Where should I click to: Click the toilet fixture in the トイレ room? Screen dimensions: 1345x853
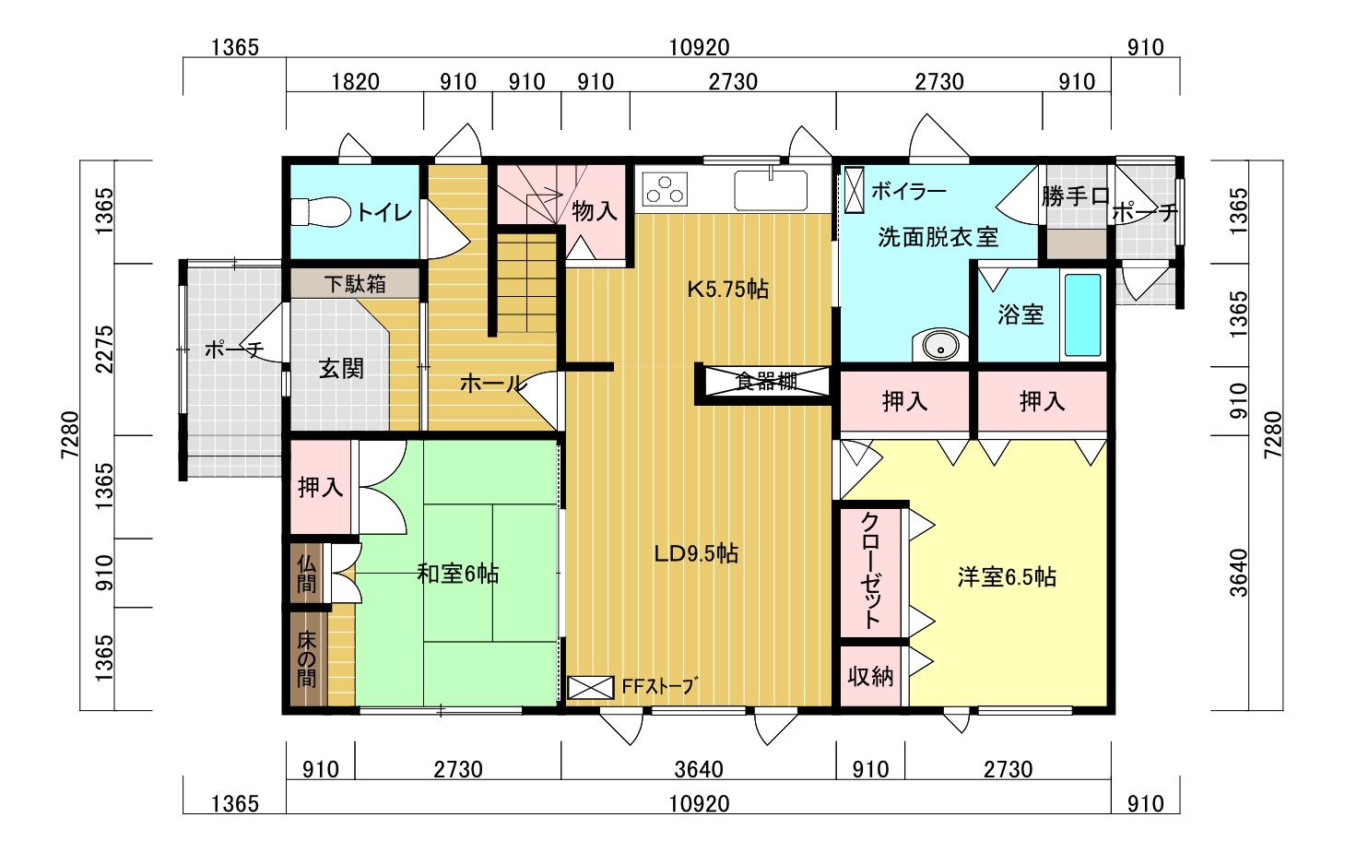tap(321, 212)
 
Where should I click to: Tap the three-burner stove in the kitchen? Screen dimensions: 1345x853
tap(665, 189)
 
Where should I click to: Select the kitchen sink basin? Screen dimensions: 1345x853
tap(771, 190)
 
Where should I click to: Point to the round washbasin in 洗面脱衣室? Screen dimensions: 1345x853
tap(940, 346)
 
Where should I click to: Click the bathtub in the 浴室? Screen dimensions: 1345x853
tap(1082, 315)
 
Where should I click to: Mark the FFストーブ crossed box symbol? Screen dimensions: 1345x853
tap(590, 687)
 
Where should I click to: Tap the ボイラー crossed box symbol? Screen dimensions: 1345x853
tap(854, 190)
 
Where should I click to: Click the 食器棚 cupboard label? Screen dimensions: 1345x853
tap(766, 382)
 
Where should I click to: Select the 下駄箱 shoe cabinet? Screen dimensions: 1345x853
tap(355, 283)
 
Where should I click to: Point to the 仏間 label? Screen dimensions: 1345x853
tap(306, 573)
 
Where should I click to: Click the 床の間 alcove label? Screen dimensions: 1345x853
tap(306, 659)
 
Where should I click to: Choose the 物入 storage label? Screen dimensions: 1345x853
tap(595, 211)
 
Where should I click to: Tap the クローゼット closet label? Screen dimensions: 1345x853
tap(870, 571)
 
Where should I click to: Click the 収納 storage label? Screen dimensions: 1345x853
tap(870, 677)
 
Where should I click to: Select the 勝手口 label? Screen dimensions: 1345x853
tap(1076, 196)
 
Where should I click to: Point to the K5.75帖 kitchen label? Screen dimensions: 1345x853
tap(728, 290)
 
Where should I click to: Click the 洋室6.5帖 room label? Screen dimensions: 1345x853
tap(1007, 577)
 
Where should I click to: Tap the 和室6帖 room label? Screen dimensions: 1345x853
tap(457, 575)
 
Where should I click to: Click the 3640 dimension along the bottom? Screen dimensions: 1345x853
tap(699, 769)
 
